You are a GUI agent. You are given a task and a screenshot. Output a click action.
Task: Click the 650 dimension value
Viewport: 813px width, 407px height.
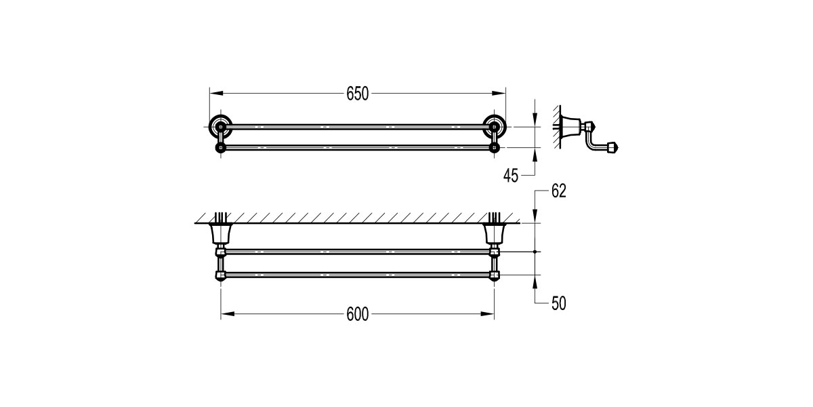click(x=357, y=94)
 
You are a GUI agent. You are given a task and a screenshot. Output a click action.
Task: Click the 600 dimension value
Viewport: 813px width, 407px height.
click(x=357, y=314)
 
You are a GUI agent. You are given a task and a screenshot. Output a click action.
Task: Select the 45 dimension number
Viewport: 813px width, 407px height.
click(x=512, y=176)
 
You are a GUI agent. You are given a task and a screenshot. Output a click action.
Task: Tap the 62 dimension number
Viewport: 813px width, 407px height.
click(x=558, y=192)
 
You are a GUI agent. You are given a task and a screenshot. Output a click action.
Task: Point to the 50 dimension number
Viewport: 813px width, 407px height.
click(x=558, y=303)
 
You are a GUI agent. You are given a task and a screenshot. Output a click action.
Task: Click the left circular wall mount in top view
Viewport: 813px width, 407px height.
click(x=220, y=125)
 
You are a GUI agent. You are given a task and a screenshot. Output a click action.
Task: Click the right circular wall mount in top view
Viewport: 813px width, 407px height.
click(x=495, y=125)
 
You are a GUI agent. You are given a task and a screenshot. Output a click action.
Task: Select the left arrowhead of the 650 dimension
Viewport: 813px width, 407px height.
click(x=213, y=94)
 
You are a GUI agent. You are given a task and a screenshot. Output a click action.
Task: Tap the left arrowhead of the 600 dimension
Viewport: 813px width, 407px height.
click(x=225, y=313)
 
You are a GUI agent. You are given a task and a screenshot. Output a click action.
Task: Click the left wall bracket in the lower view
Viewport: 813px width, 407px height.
click(x=220, y=234)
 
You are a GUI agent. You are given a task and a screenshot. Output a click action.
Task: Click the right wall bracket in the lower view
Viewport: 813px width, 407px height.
click(x=495, y=234)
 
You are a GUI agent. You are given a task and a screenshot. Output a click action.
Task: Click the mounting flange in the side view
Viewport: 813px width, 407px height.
click(x=572, y=125)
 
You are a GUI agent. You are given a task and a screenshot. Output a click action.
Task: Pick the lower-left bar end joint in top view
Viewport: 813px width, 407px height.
click(x=220, y=147)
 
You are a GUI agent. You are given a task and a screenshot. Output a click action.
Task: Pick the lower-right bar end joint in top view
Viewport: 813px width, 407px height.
click(x=495, y=147)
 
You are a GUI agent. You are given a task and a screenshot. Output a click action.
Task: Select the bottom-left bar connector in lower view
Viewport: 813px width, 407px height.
click(x=220, y=275)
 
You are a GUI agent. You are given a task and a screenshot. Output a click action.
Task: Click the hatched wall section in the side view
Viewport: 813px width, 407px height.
click(x=557, y=126)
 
